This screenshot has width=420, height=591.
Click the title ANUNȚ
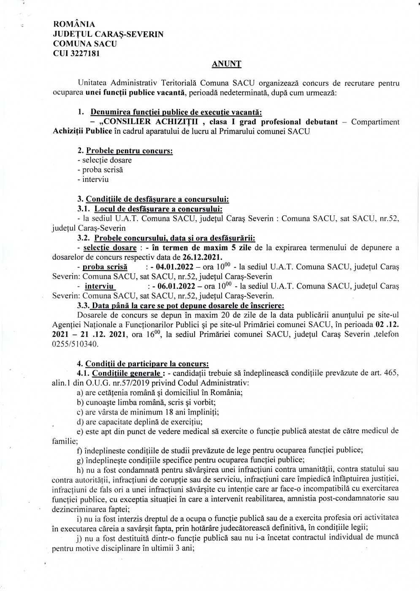click(226, 64)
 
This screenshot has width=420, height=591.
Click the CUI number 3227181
click(85, 53)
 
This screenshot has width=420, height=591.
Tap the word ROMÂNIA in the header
click(74, 25)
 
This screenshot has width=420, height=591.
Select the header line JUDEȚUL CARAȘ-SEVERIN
click(108, 34)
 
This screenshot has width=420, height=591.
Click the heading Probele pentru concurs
click(129, 151)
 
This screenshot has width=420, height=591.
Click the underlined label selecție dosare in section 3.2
click(110, 248)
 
